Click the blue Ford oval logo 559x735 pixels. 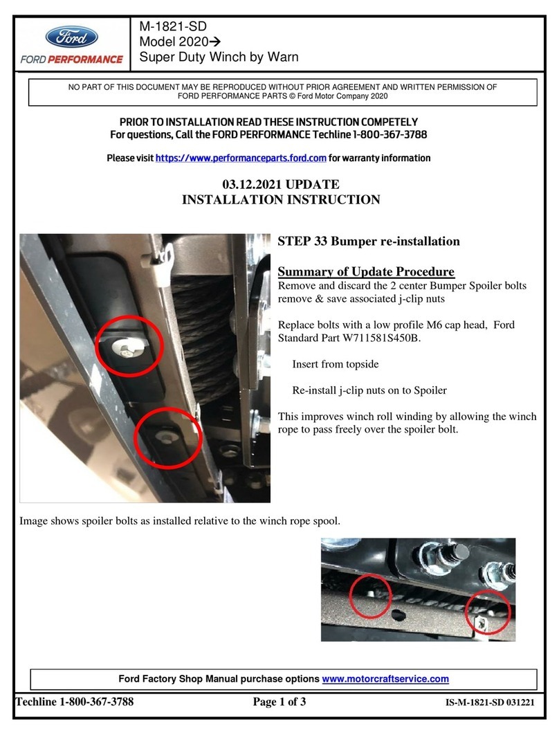[71, 36]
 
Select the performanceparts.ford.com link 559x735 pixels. [240, 158]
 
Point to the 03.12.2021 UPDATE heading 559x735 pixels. [280, 185]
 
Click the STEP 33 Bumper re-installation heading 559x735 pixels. [368, 242]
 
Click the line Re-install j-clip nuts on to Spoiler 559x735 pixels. [369, 390]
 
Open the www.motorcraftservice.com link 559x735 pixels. [385, 679]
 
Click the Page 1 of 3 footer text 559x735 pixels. [279, 702]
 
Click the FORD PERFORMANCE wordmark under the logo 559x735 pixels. [71, 60]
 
